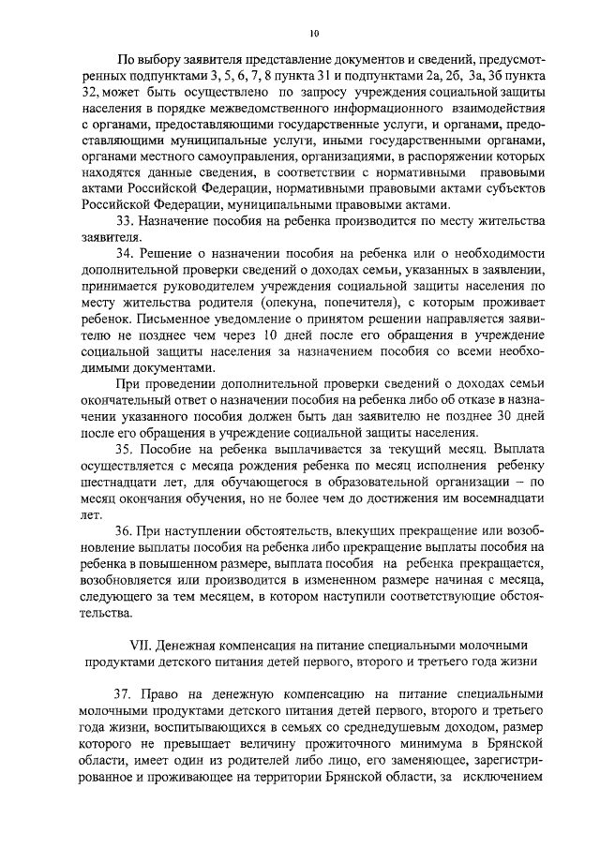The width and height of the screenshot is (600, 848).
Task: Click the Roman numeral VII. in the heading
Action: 139,645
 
